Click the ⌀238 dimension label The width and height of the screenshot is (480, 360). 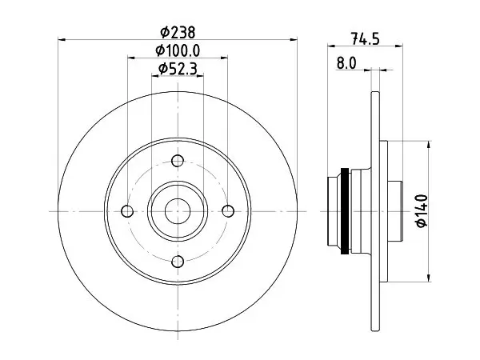pos(178,32)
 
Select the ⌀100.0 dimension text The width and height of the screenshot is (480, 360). pos(178,50)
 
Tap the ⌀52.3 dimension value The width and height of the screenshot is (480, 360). pos(178,69)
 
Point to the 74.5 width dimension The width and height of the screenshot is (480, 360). pos(366,39)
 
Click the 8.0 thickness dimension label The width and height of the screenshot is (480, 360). pos(347,63)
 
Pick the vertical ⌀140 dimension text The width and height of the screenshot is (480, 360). pos(422,211)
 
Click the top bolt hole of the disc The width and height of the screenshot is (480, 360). pos(178,161)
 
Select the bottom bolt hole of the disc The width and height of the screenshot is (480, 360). pos(178,262)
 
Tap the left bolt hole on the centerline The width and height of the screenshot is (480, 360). pos(127,211)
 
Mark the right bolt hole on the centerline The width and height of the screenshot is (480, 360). pos(228,211)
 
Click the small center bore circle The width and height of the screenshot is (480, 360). pos(178,211)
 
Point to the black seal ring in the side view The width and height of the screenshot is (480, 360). pos(345,211)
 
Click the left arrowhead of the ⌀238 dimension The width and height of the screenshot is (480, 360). pos(62,39)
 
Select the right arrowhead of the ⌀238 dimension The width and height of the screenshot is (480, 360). pos(294,39)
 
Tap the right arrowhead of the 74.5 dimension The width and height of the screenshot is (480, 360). pos(399,46)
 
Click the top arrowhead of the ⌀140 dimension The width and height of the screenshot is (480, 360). pos(429,145)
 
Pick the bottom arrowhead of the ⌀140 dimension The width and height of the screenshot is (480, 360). pos(429,278)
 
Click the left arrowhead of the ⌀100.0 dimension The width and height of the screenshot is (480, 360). pos(131,58)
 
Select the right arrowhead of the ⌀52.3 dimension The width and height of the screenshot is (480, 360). pos(199,76)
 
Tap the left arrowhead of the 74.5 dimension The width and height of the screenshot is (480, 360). pos(331,46)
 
